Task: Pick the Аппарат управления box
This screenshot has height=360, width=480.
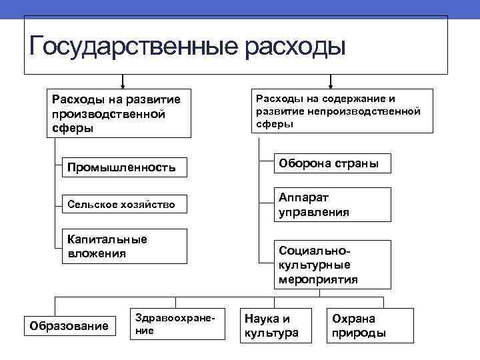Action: pos(333,205)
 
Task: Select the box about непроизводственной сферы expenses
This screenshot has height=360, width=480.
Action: pos(341,111)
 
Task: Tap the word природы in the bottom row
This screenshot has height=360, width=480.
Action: pos(359,333)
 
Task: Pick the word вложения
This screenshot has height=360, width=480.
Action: pos(97,254)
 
